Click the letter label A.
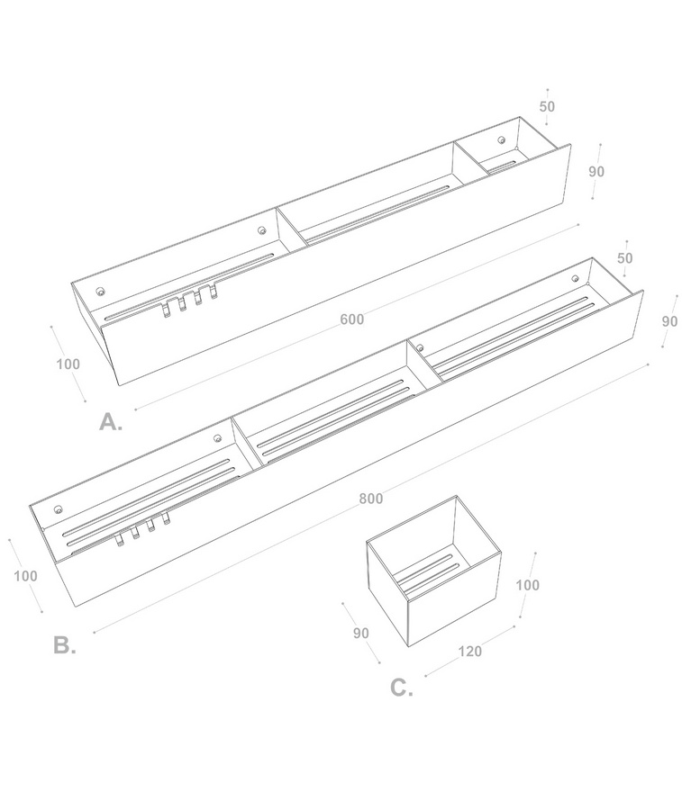point(111,422)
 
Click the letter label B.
point(65,645)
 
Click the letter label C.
point(402,688)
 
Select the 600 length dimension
point(352,319)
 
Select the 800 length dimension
point(371,499)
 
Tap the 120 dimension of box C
point(470,652)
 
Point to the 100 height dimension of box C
point(527,585)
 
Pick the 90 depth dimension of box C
point(361,634)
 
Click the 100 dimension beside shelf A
point(68,364)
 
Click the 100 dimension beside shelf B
point(25,576)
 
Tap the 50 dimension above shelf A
point(547,106)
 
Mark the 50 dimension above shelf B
point(625,258)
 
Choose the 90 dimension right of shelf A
point(596,172)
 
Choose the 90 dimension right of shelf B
point(669,321)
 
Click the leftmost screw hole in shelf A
point(101,292)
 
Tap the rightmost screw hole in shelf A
point(502,139)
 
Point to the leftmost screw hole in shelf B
point(59,509)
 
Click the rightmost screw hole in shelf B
point(575,278)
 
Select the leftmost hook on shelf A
point(168,309)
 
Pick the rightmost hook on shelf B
point(165,517)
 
